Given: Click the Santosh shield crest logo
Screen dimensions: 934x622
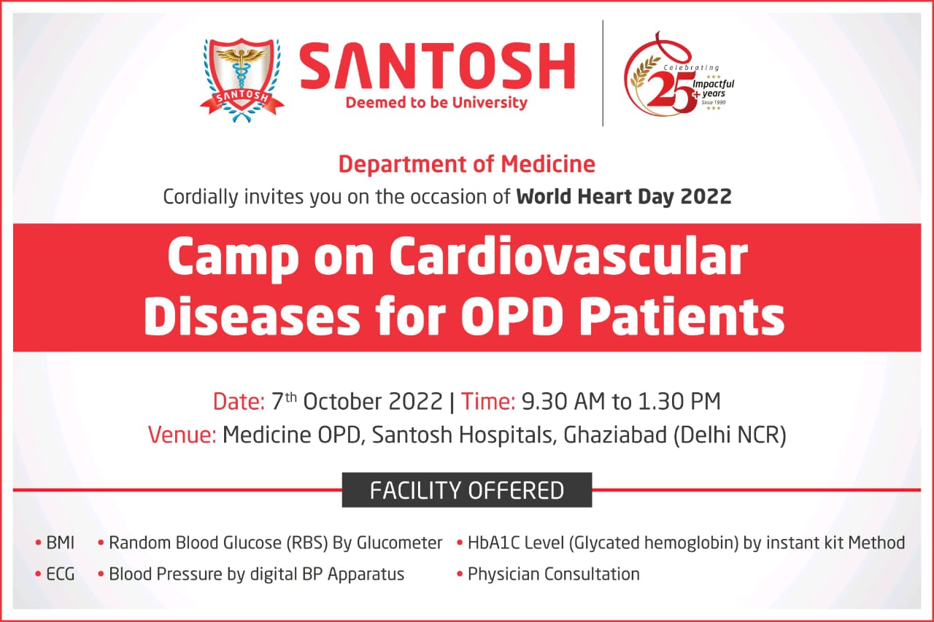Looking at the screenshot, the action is [242, 80].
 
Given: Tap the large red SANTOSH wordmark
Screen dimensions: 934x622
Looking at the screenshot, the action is [437, 66].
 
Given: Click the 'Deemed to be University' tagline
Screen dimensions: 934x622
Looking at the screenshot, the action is [436, 103].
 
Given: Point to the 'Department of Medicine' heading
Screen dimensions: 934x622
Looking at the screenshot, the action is [466, 164].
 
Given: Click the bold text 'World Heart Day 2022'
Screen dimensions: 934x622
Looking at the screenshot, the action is [624, 197].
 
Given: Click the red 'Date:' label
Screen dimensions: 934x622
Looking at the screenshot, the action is [239, 401].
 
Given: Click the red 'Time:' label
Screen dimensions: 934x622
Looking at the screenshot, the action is [488, 401].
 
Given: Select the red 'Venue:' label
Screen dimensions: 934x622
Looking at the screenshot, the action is [182, 435].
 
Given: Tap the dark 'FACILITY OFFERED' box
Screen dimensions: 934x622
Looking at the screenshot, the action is [466, 490].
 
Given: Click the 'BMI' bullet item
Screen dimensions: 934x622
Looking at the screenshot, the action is [61, 543].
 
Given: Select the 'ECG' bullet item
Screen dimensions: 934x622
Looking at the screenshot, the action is [61, 574].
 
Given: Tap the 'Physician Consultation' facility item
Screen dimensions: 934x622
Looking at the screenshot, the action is [553, 574].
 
